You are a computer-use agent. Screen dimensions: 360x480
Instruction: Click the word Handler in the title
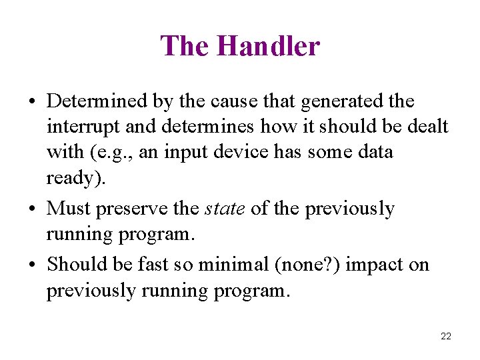[x=268, y=47]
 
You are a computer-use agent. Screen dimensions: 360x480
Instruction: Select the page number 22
[x=446, y=336]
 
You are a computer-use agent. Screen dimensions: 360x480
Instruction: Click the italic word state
[x=225, y=209]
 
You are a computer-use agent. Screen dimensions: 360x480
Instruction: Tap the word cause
[x=227, y=101]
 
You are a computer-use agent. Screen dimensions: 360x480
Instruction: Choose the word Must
[x=69, y=209]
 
